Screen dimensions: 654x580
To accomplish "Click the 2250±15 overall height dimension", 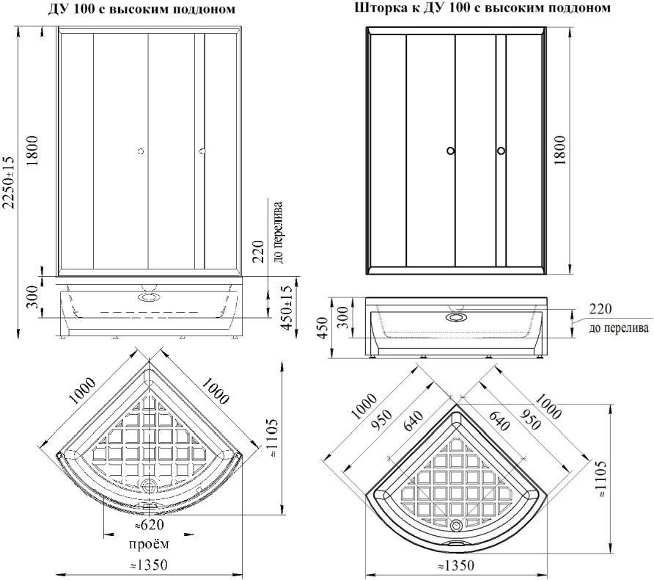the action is click(9, 182).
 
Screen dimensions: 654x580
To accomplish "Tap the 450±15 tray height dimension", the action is click(287, 308).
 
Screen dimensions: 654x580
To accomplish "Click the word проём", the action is click(149, 544).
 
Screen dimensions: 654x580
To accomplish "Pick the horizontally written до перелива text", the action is click(619, 327).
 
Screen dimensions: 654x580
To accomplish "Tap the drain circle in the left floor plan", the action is click(149, 485).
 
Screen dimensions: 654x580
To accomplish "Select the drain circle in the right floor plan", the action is click(456, 523).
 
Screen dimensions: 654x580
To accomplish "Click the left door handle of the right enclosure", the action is click(450, 151).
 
